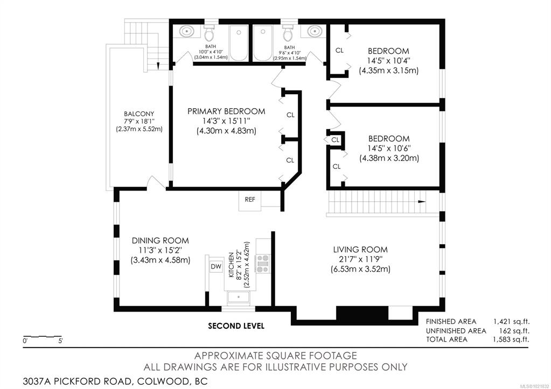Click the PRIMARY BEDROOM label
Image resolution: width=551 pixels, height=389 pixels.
tap(226, 111)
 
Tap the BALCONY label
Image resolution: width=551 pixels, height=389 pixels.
tap(139, 114)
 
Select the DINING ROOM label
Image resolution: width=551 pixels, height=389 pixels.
tap(161, 241)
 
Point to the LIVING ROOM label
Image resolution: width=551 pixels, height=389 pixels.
tap(360, 250)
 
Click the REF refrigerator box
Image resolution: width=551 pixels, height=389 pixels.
tap(250, 200)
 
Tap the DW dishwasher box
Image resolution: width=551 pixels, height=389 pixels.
tap(216, 266)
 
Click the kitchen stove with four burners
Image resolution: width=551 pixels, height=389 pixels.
tap(263, 264)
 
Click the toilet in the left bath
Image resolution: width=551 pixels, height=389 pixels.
tap(210, 33)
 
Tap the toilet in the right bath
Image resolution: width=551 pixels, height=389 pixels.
tap(288, 33)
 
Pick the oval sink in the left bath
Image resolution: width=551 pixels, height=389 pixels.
tap(186, 31)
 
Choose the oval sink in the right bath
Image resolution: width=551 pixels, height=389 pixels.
tap(314, 31)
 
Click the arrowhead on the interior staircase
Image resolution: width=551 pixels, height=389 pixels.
tap(421, 202)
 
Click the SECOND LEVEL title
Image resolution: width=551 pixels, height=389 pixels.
tap(236, 326)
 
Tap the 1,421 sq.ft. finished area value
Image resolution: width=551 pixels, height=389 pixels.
tap(511, 322)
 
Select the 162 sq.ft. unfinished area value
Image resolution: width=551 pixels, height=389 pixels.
tap(514, 331)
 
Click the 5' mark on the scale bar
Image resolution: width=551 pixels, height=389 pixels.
tap(60, 341)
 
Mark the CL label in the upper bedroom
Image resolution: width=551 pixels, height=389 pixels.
tap(339, 50)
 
